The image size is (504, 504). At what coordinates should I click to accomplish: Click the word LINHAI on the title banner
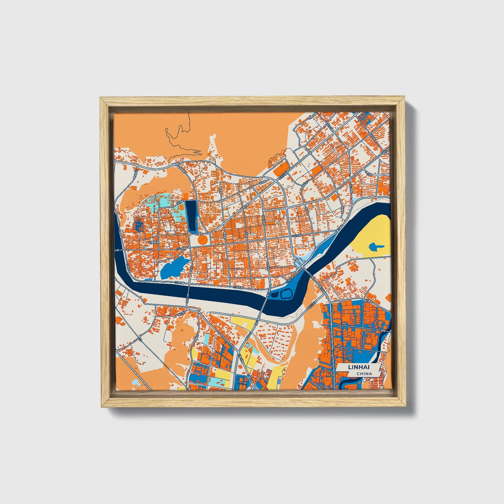[358, 367]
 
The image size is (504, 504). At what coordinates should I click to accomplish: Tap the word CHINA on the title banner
[364, 374]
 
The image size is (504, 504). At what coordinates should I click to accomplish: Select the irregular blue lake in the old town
[172, 268]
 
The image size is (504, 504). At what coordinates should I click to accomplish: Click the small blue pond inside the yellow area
[375, 247]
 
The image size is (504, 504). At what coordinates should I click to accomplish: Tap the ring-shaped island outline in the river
[286, 294]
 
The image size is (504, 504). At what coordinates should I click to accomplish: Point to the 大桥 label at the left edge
[117, 250]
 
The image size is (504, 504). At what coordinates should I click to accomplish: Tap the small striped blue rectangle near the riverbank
[148, 279]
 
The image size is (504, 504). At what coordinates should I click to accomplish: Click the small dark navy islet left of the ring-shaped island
[274, 295]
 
